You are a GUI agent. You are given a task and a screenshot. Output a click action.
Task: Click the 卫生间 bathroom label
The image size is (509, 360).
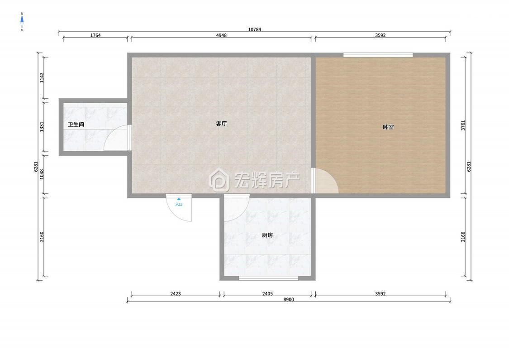tap(76, 125)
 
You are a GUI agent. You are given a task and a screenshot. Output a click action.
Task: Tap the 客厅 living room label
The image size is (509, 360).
tap(221, 124)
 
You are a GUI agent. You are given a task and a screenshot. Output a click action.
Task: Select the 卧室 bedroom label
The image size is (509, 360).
tap(388, 127)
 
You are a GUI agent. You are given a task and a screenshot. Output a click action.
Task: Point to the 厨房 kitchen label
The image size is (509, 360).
tap(267, 235)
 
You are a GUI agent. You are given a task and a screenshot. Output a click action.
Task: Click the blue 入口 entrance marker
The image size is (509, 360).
tap(179, 202)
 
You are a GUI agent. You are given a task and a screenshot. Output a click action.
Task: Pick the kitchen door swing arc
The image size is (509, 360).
tap(235, 209)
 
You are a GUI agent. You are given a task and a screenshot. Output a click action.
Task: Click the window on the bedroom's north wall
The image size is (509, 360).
tap(378, 55)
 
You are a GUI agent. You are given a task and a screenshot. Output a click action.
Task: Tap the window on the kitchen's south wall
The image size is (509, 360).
tap(268, 278)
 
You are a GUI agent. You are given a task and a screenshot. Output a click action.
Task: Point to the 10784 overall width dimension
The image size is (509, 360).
tap(254, 29)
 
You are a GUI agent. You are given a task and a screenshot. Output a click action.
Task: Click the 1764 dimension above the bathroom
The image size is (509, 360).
tap(95, 35)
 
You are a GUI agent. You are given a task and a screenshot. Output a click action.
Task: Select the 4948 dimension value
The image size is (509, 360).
tap(221, 35)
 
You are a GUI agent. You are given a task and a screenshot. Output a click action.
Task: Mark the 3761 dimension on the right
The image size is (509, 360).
tap(462, 125)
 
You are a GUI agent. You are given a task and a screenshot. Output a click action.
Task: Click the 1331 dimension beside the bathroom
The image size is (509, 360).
tap(42, 127)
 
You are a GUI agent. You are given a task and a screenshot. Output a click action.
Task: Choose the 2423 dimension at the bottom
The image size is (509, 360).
tap(176, 294)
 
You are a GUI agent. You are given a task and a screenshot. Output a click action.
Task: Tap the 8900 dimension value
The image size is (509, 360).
tap(288, 300)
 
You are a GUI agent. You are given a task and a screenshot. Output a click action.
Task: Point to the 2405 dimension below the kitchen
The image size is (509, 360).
tap(267, 294)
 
